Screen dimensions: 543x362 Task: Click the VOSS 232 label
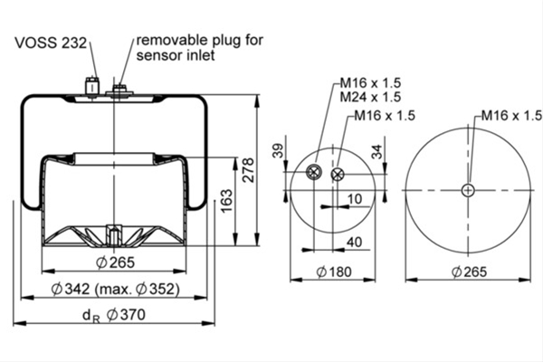pyautogui.click(x=51, y=43)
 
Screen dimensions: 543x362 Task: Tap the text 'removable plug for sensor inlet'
pyautogui.click(x=199, y=47)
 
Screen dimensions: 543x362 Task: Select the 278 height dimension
pyautogui.click(x=248, y=170)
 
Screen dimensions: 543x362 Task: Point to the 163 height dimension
pyautogui.click(x=226, y=201)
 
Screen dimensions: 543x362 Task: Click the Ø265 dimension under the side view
pyautogui.click(x=115, y=262)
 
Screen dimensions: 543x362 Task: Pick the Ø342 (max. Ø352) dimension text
pyautogui.click(x=115, y=289)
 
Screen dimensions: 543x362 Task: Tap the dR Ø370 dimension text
pyautogui.click(x=114, y=315)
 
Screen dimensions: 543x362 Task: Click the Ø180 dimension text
pyautogui.click(x=334, y=271)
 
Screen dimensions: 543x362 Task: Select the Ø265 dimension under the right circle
pyautogui.click(x=469, y=271)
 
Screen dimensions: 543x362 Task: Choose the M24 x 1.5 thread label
pyautogui.click(x=370, y=97)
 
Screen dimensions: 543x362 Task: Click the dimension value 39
pyautogui.click(x=278, y=150)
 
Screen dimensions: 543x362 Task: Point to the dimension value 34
pyautogui.click(x=376, y=151)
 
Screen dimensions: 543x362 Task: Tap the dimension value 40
pyautogui.click(x=354, y=243)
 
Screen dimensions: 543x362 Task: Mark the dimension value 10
pyautogui.click(x=354, y=199)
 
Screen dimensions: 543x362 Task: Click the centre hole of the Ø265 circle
pyautogui.click(x=468, y=190)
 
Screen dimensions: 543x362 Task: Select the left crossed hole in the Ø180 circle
pyautogui.click(x=314, y=172)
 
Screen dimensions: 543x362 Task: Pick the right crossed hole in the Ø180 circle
pyautogui.click(x=338, y=175)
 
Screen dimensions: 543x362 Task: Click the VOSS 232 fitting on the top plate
pyautogui.click(x=91, y=87)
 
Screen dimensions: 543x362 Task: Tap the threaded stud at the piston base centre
pyautogui.click(x=114, y=234)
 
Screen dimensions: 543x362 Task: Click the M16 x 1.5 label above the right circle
pyautogui.click(x=511, y=115)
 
